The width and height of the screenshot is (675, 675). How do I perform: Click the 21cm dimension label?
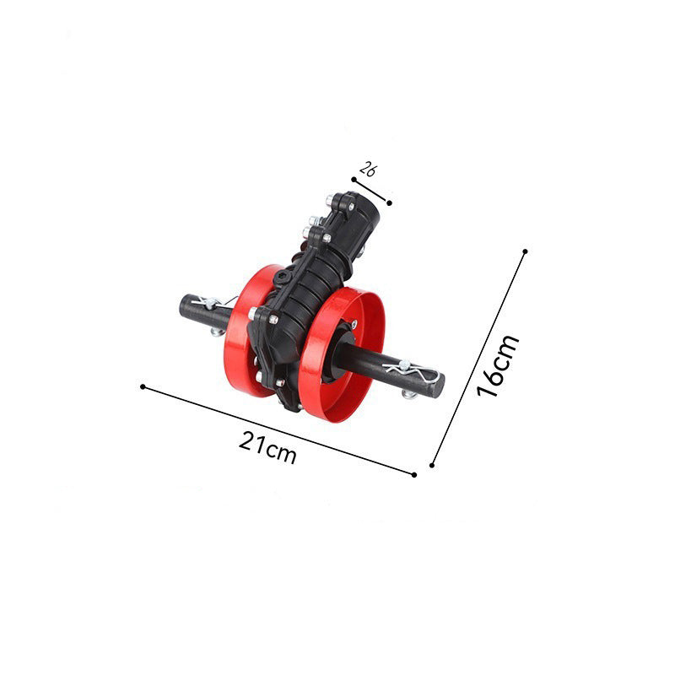[x=267, y=448]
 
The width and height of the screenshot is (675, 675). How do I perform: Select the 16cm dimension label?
[x=498, y=365]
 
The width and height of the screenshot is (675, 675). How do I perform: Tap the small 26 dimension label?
[x=368, y=169]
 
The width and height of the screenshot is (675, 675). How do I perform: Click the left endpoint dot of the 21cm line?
[x=143, y=386]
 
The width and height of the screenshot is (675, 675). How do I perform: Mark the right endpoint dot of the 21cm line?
[x=414, y=475]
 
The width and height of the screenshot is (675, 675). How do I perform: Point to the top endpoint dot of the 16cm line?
[x=525, y=251]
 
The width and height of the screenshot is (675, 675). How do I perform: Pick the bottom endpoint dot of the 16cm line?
[x=432, y=465]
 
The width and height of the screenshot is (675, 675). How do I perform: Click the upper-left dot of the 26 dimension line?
[x=354, y=180]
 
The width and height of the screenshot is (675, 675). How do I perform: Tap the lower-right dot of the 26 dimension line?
[x=389, y=202]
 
